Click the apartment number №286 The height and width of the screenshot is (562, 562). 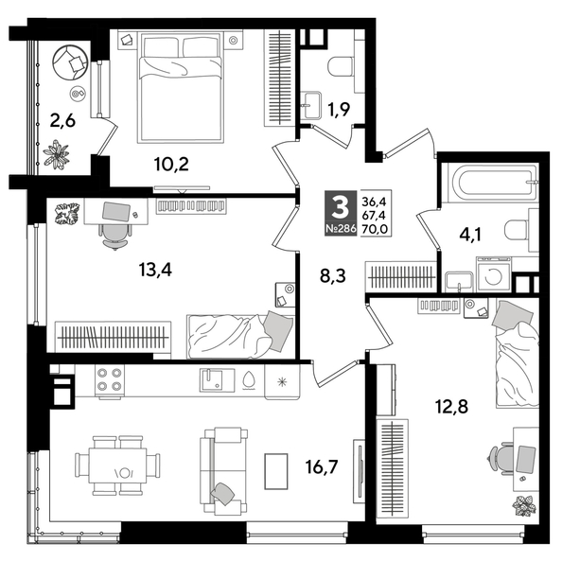[x=339, y=230]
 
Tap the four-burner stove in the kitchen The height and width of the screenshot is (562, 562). [x=110, y=379]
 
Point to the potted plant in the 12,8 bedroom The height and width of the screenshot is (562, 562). [x=523, y=504]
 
